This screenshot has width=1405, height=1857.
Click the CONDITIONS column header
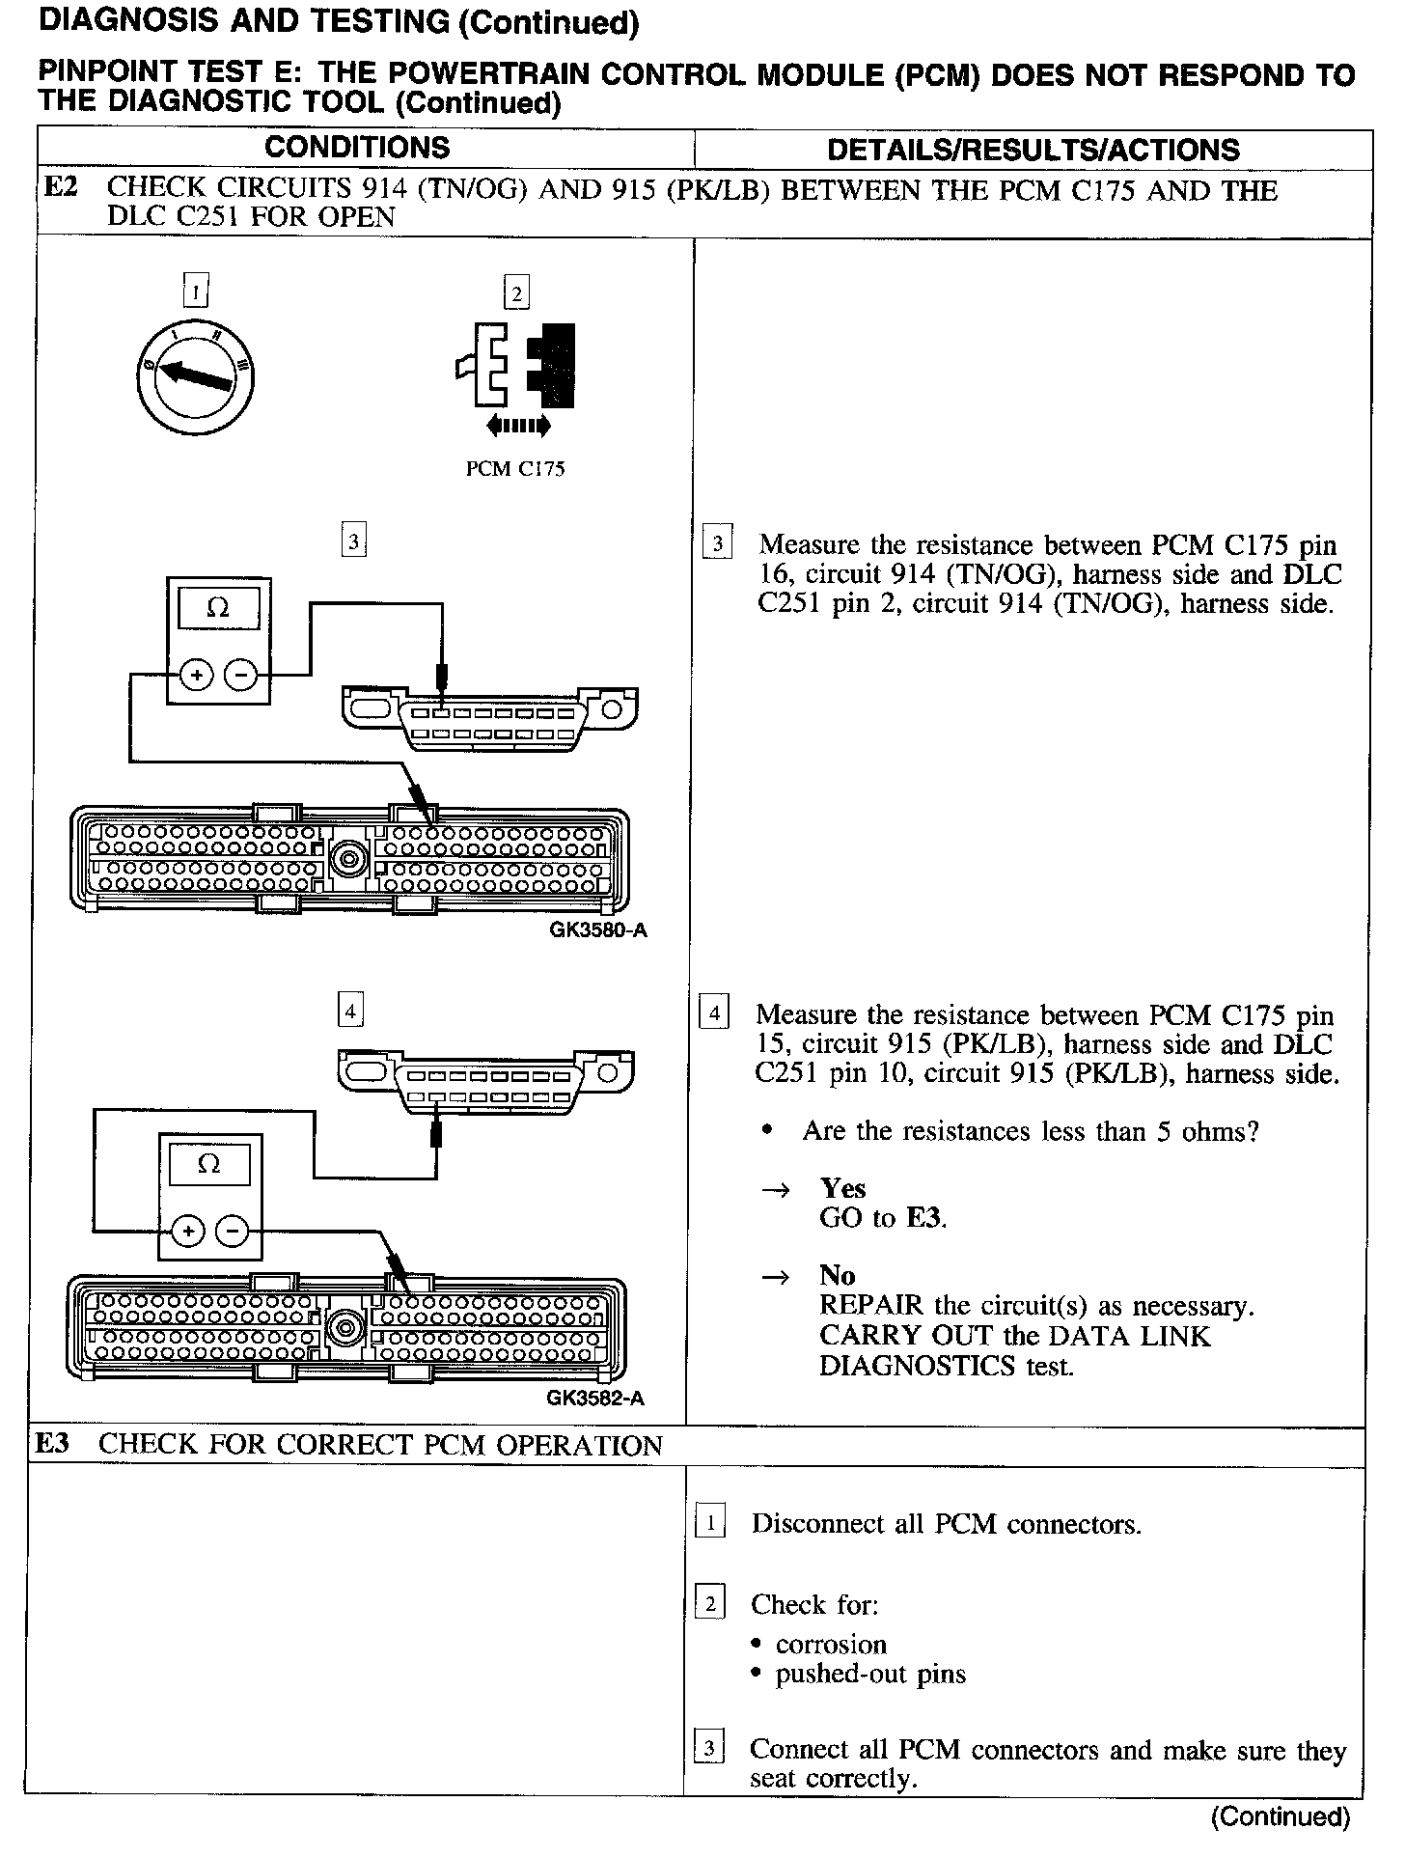pyautogui.click(x=357, y=148)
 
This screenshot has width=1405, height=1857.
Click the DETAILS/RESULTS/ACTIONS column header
pyautogui.click(x=1033, y=150)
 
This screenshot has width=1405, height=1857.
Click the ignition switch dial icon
pyautogui.click(x=195, y=377)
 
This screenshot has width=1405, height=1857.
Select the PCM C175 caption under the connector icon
pyautogui.click(x=515, y=470)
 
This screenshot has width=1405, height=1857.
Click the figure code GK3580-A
pyautogui.click(x=596, y=930)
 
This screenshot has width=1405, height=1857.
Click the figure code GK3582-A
pyautogui.click(x=594, y=1398)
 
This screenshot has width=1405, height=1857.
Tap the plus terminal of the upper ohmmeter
pyautogui.click(x=197, y=676)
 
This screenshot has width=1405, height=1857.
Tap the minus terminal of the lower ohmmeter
pyautogui.click(x=233, y=1231)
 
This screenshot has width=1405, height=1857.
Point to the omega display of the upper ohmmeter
pyautogui.click(x=218, y=609)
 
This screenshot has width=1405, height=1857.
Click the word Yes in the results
pyautogui.click(x=842, y=1188)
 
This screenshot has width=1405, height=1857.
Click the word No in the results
pyautogui.click(x=837, y=1276)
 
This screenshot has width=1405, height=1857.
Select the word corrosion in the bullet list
pyautogui.click(x=830, y=1645)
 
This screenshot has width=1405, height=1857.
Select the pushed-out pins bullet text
pyautogui.click(x=869, y=1675)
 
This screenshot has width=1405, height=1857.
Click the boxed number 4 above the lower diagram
pyautogui.click(x=350, y=1012)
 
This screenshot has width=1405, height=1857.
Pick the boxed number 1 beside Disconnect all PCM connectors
pyautogui.click(x=710, y=1524)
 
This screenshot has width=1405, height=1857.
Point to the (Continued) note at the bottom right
pyautogui.click(x=1280, y=1817)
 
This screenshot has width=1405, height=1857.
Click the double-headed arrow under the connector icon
pyautogui.click(x=519, y=425)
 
